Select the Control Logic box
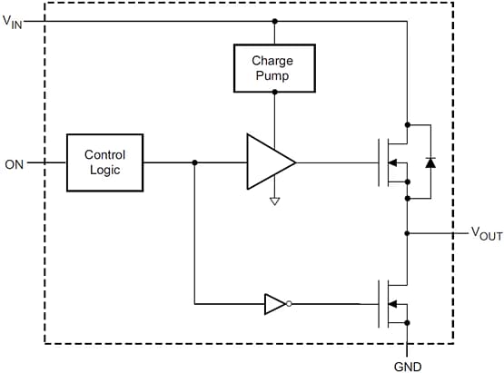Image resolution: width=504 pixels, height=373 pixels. pyautogui.click(x=104, y=162)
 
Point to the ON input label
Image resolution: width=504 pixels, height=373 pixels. pyautogui.click(x=15, y=164)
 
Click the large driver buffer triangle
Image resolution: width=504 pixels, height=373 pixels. pyautogui.click(x=268, y=162)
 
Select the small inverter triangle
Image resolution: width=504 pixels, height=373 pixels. pyautogui.click(x=273, y=304)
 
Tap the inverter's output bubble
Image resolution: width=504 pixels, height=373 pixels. pyautogui.click(x=289, y=304)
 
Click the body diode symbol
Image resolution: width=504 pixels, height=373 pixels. pyautogui.click(x=430, y=162)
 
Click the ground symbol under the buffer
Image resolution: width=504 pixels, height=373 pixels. pyautogui.click(x=274, y=201)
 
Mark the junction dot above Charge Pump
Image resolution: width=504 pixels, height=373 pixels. pyautogui.click(x=274, y=21)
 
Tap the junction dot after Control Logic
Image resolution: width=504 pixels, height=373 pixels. pyautogui.click(x=194, y=163)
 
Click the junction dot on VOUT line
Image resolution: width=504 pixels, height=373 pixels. pyautogui.click(x=408, y=233)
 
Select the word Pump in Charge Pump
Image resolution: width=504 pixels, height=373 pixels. pyautogui.click(x=274, y=76)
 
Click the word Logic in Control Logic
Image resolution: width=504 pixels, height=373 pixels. pyautogui.click(x=104, y=171)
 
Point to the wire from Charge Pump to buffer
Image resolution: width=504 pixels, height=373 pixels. pyautogui.click(x=274, y=113)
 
